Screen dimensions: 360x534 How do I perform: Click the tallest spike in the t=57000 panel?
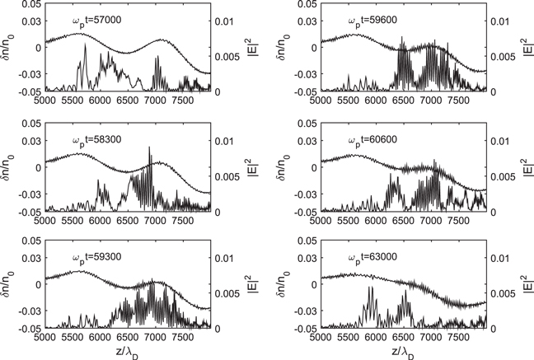click(x=85, y=45)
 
